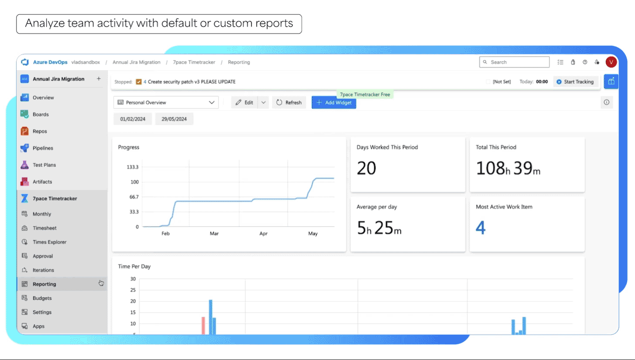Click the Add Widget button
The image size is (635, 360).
click(x=334, y=102)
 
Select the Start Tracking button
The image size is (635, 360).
click(x=575, y=82)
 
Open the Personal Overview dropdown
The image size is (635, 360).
click(x=166, y=102)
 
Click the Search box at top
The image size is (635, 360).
click(x=514, y=62)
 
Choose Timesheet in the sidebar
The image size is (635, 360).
click(x=44, y=228)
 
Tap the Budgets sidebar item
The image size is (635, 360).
click(x=42, y=298)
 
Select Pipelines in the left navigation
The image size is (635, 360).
click(x=43, y=148)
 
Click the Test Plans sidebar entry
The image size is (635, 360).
click(x=44, y=165)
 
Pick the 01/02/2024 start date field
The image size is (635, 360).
click(x=133, y=119)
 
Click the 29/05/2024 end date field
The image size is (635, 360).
click(x=174, y=119)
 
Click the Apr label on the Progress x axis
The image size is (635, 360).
click(x=263, y=234)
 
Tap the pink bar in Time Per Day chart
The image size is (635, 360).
click(x=203, y=326)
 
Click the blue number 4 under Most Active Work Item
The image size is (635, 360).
click(x=481, y=228)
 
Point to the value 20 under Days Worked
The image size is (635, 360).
click(x=366, y=168)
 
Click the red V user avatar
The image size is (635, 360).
click(x=611, y=62)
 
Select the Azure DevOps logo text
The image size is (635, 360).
click(x=50, y=62)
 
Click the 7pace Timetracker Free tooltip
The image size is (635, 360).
click(x=365, y=94)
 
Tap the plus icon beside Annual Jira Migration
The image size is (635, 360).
click(x=99, y=79)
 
